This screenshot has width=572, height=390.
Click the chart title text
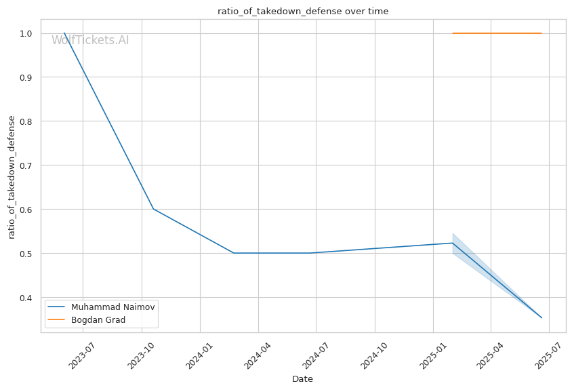tap(303, 12)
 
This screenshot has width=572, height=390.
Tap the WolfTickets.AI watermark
tap(90, 40)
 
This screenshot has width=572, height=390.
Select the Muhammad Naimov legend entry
tap(101, 307)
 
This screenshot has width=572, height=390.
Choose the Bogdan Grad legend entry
tap(87, 320)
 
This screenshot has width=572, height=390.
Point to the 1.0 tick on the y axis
tap(26, 34)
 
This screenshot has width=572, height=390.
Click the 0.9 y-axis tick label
tap(26, 77)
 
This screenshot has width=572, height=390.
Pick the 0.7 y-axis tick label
tap(26, 165)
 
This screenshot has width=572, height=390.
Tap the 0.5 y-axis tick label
tap(26, 254)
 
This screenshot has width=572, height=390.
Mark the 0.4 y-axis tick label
tap(26, 298)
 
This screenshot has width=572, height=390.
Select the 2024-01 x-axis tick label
tap(199, 355)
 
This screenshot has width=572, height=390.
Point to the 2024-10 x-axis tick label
tap(373, 355)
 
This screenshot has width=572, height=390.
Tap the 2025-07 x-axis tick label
tap(548, 355)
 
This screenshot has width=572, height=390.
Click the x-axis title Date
tap(302, 379)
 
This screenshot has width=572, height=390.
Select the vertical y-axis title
tap(12, 178)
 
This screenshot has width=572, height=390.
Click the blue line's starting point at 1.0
tap(64, 33)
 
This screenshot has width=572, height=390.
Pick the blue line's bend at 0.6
tap(154, 209)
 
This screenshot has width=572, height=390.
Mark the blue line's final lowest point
tap(542, 317)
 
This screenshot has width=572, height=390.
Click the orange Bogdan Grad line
tap(497, 33)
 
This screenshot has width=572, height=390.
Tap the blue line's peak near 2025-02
tap(452, 243)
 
